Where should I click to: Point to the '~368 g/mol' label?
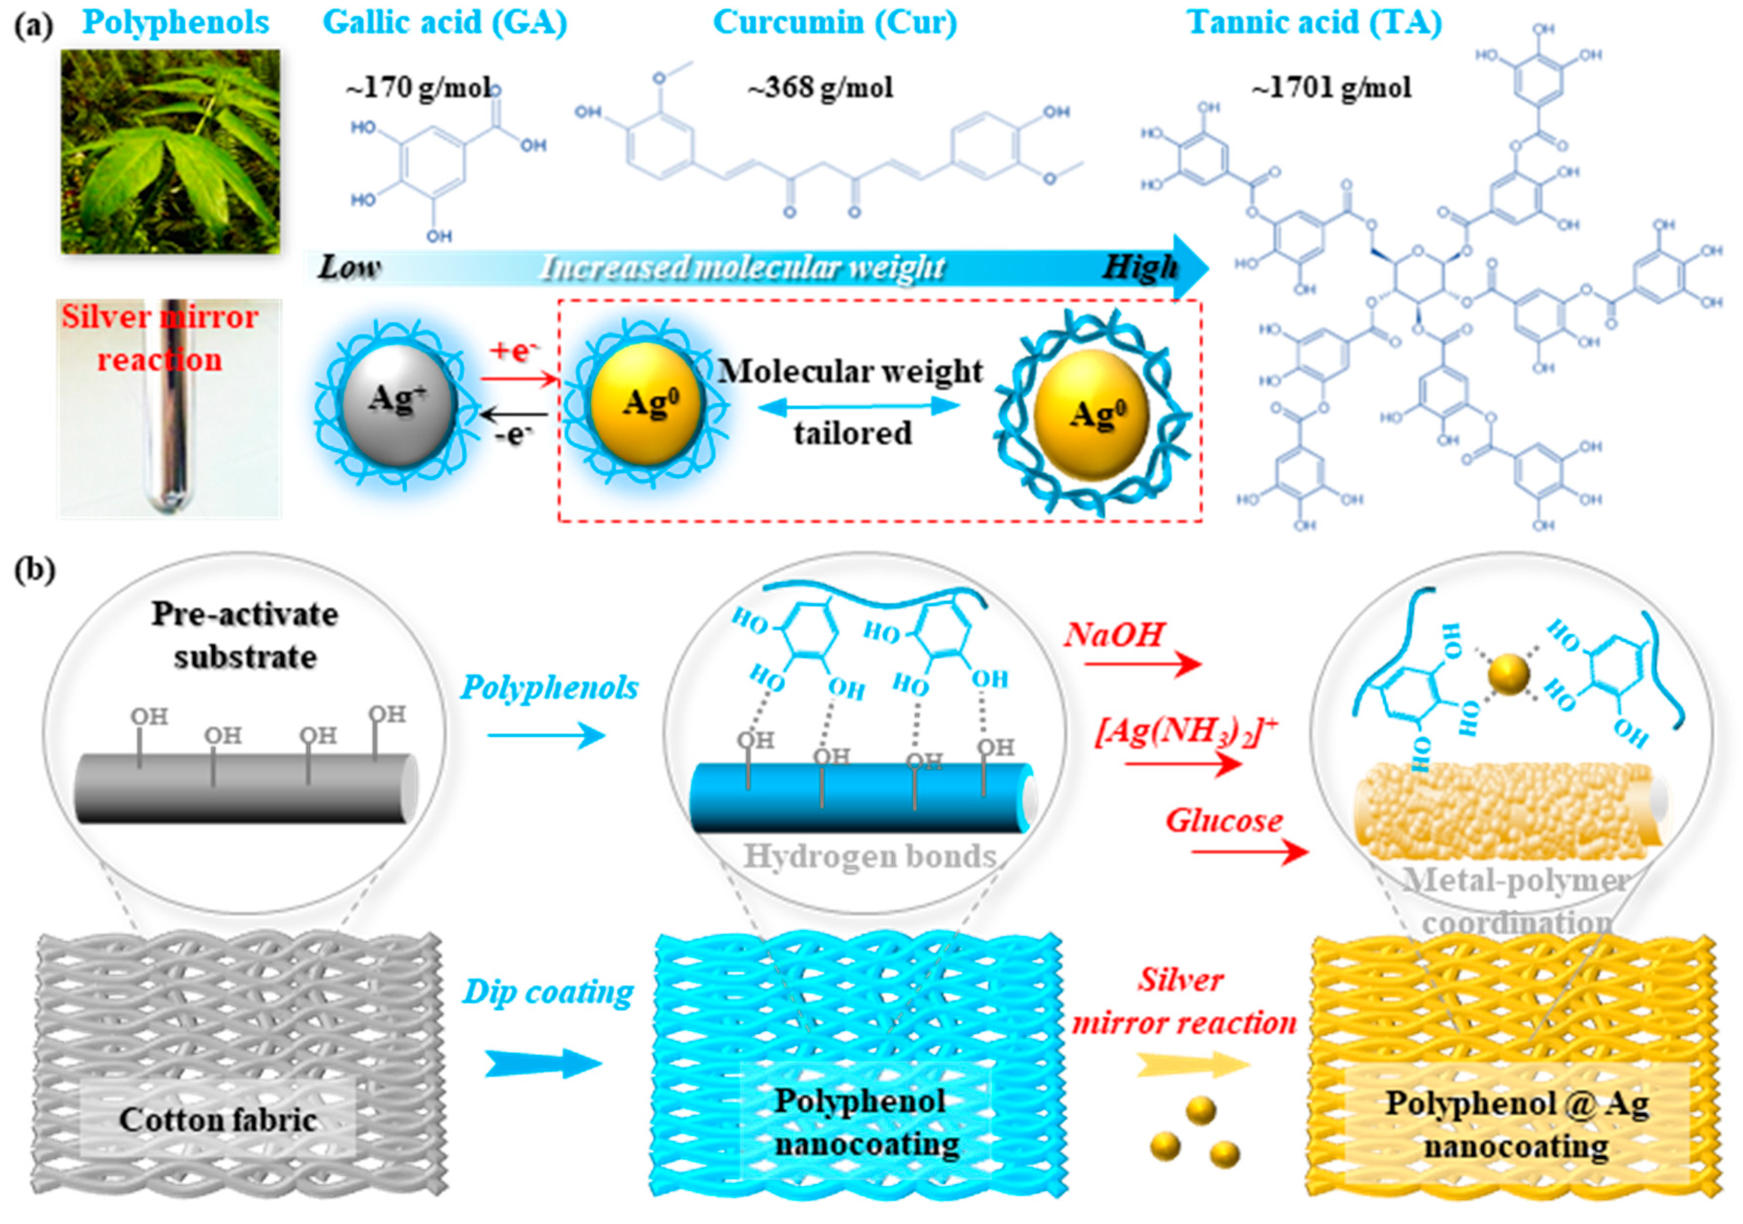pos(820,88)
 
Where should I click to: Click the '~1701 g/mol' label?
pos(1332,88)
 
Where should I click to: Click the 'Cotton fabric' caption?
pos(218,1119)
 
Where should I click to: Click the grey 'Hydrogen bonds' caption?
pos(869,856)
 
